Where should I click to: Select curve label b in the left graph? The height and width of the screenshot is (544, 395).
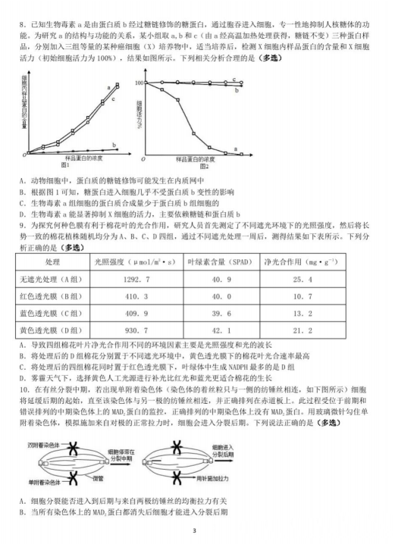click(114, 144)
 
